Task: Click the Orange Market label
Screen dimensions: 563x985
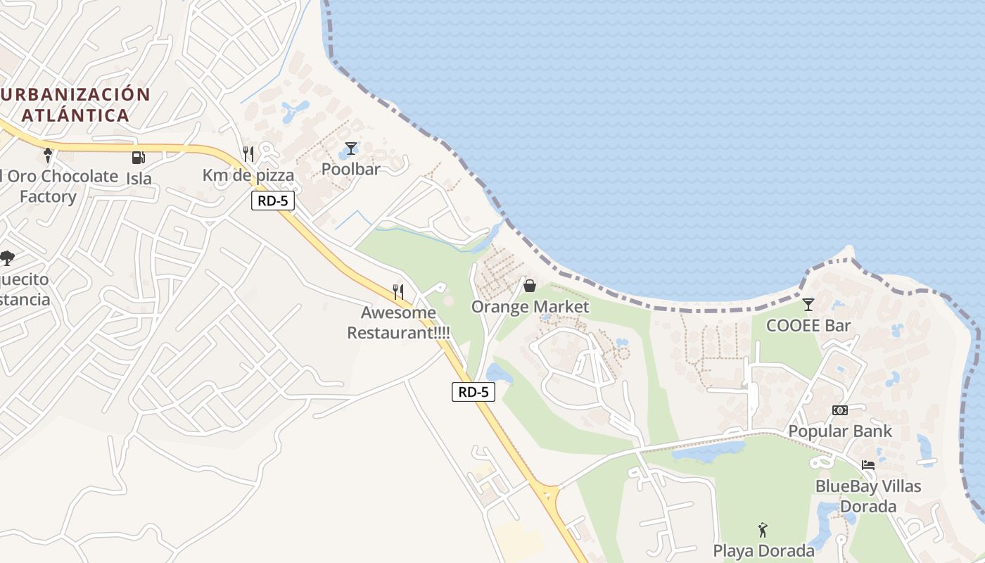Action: pos(530,307)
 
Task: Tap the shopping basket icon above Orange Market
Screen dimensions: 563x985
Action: pos(530,286)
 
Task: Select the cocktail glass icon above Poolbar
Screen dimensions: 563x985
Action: pos(350,148)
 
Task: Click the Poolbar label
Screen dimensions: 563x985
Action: pos(350,169)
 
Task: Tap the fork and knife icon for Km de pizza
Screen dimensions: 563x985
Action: pos(248,154)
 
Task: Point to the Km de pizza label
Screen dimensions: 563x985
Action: pos(248,175)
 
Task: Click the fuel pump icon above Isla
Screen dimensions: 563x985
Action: pos(139,158)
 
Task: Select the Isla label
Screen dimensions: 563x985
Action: pos(139,179)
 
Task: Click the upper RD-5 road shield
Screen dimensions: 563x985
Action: pos(273,201)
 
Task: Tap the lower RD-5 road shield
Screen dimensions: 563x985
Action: pos(473,392)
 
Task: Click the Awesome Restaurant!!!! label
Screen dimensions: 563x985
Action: pos(398,322)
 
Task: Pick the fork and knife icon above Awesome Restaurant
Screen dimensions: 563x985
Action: pos(398,291)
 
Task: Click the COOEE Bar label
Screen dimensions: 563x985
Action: pos(808,326)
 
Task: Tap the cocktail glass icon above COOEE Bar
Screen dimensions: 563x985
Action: pos(808,305)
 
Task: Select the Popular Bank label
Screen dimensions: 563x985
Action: pos(839,431)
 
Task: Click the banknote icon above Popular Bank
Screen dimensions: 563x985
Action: pos(839,410)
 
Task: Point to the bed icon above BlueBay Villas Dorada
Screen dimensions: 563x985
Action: pos(868,465)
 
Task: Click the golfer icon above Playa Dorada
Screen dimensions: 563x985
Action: pos(763,530)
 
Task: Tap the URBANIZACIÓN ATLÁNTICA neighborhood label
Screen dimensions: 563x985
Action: pos(76,105)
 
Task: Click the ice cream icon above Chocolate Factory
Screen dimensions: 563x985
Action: pos(48,155)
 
